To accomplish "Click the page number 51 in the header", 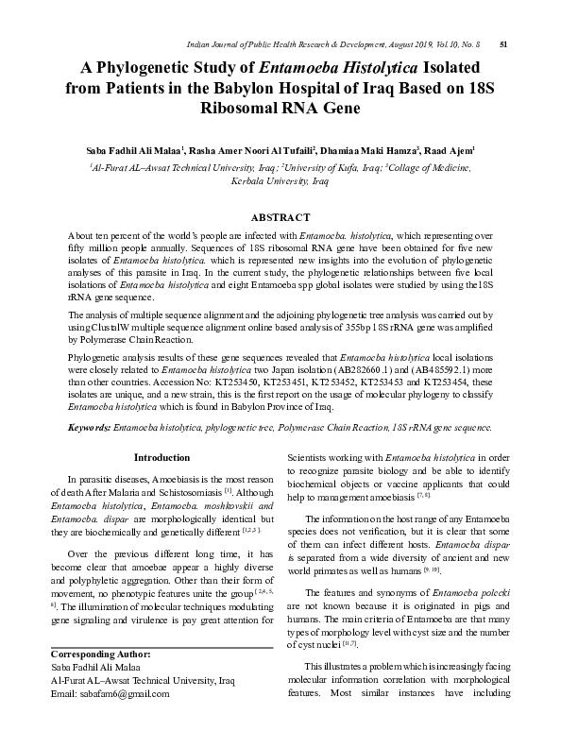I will (x=503, y=43).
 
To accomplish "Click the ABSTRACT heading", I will (x=280, y=217).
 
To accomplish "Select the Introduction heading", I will (x=161, y=458).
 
